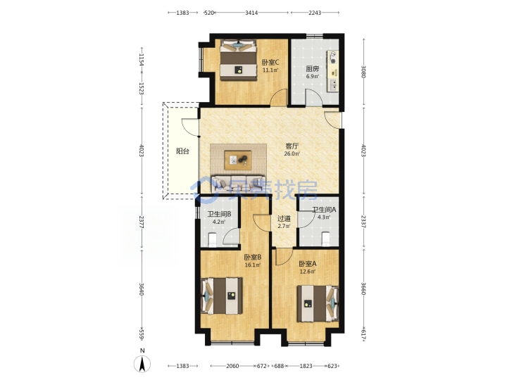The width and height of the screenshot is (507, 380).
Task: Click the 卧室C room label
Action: coord(270,63)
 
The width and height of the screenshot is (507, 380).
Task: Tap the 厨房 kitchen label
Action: coord(313,69)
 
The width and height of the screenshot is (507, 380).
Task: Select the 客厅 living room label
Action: coord(292,146)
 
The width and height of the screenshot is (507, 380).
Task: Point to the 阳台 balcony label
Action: coord(182,151)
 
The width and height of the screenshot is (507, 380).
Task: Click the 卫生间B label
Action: coord(219,214)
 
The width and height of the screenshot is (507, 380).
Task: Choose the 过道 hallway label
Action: coord(284,218)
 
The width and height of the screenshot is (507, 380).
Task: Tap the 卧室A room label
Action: coord(308,264)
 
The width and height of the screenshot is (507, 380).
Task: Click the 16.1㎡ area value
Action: coord(253,265)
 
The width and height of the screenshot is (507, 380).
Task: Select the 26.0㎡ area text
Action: coord(292,154)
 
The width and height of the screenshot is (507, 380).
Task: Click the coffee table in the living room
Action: coord(238,160)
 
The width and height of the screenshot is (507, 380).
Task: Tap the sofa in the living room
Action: coord(238,183)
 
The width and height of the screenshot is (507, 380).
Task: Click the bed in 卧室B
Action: coord(222,296)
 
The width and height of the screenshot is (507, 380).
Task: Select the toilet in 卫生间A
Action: coord(326,239)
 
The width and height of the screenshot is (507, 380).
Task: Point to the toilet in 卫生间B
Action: coord(212,239)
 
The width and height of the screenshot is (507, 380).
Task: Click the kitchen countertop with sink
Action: coord(333,71)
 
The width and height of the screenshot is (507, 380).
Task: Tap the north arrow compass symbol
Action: coord(142,362)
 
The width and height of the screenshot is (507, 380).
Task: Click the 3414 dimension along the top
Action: coord(251,13)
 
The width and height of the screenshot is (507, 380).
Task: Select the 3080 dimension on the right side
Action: coord(364,72)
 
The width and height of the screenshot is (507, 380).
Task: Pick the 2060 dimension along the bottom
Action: coord(232,366)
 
